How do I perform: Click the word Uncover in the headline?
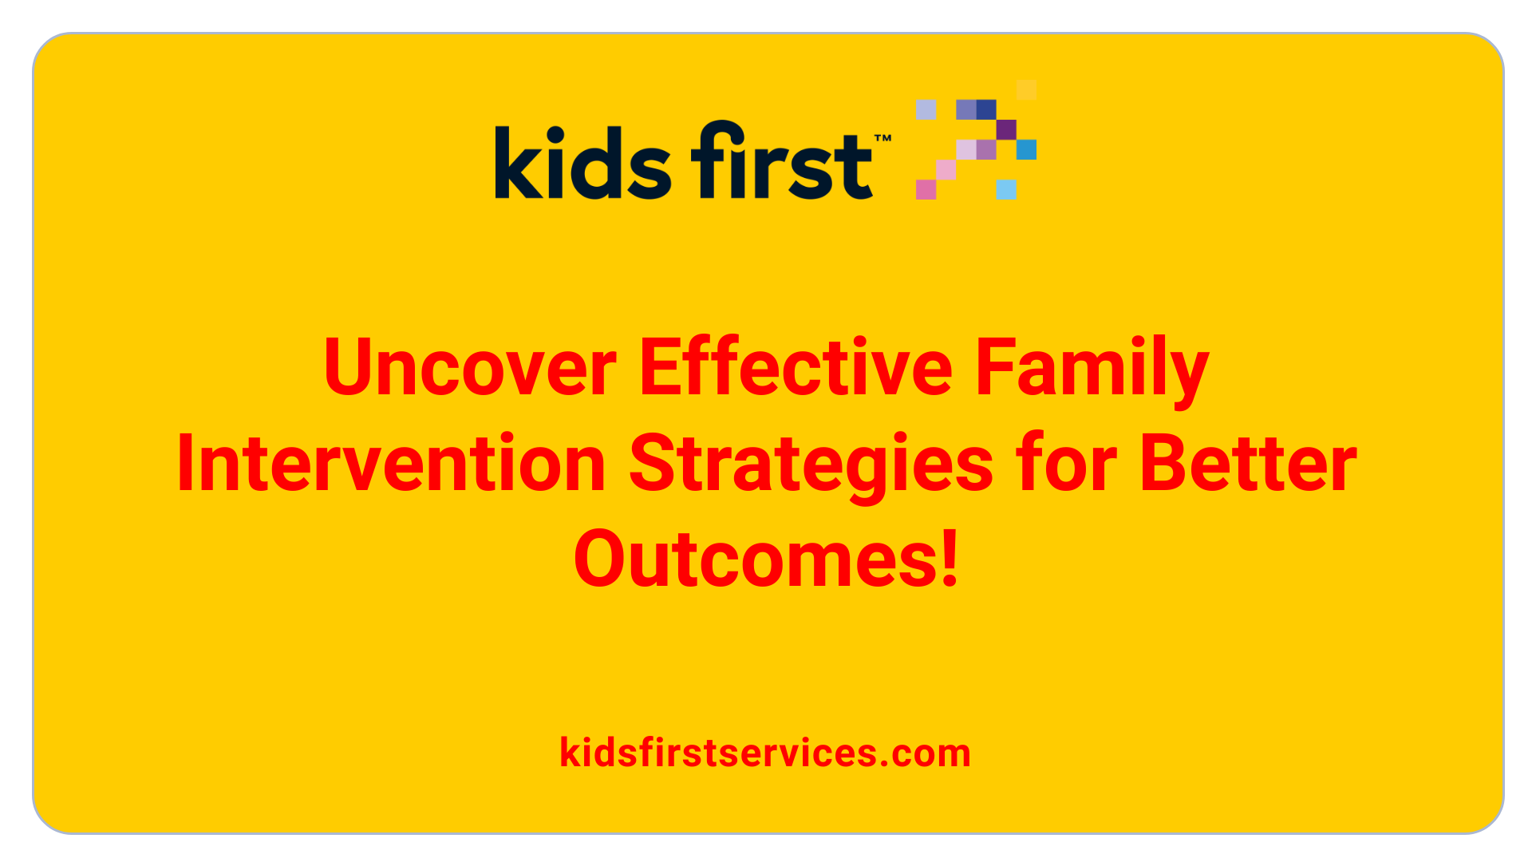(x=470, y=366)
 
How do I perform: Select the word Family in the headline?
(x=1092, y=372)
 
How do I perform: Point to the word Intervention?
(x=391, y=463)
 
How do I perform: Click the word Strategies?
(x=811, y=468)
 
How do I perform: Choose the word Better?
(x=1249, y=463)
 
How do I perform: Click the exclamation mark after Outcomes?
(x=950, y=558)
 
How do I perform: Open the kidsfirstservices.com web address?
(x=765, y=753)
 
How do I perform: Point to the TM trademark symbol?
(x=882, y=139)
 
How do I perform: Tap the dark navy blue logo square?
(x=986, y=109)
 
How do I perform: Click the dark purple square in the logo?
(x=1006, y=129)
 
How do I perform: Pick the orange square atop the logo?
(x=1027, y=89)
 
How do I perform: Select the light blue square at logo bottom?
(x=1006, y=189)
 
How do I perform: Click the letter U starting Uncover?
(x=349, y=366)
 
